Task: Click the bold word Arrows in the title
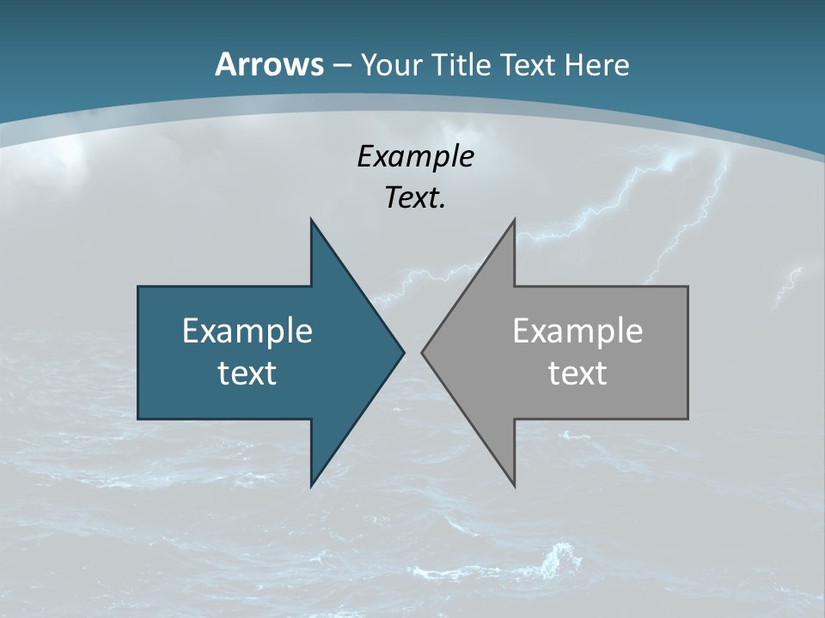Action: (x=269, y=64)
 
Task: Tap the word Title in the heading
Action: (x=461, y=65)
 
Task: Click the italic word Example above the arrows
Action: (x=415, y=157)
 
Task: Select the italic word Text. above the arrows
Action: (x=415, y=198)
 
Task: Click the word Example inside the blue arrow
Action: (x=247, y=330)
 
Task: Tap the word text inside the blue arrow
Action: (x=247, y=373)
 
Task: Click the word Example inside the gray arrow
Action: (x=577, y=330)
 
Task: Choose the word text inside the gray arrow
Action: (x=577, y=373)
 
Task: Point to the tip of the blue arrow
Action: (x=404, y=352)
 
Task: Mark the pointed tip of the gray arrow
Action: (x=422, y=352)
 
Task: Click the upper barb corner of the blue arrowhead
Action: (x=311, y=220)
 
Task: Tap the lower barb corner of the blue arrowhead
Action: (x=311, y=486)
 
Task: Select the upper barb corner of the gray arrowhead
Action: (x=514, y=220)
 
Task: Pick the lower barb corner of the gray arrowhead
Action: (x=514, y=486)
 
